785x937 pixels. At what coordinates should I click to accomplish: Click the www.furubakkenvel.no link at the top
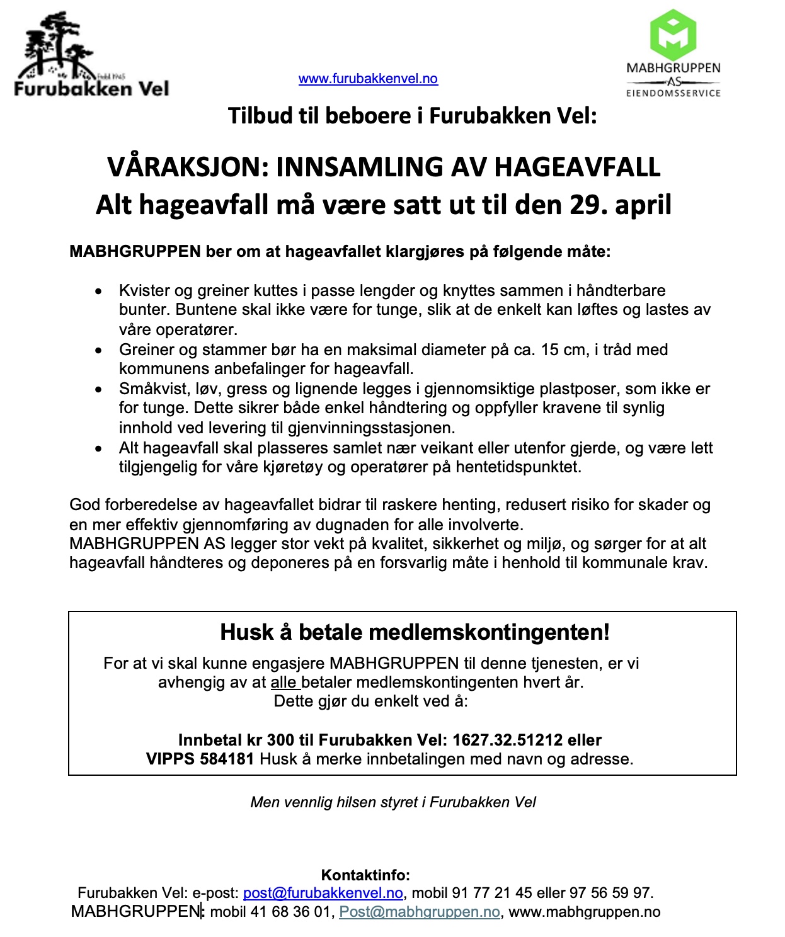click(x=368, y=79)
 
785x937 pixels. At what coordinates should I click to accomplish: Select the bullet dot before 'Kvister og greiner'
click(x=98, y=292)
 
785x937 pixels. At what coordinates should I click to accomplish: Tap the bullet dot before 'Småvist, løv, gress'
click(x=98, y=390)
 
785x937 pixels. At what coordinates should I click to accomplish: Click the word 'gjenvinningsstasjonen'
click(x=370, y=428)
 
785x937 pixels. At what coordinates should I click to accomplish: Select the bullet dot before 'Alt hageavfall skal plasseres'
click(x=98, y=449)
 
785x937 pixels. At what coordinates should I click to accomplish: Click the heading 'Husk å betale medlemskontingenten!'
click(x=415, y=632)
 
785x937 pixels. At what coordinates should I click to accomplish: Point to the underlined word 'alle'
click(x=284, y=683)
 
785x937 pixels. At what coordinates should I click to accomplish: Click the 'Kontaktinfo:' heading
click(x=365, y=875)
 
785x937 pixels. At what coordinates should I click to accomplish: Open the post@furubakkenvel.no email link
click(x=323, y=893)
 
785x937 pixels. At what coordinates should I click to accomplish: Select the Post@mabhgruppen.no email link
click(x=420, y=912)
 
